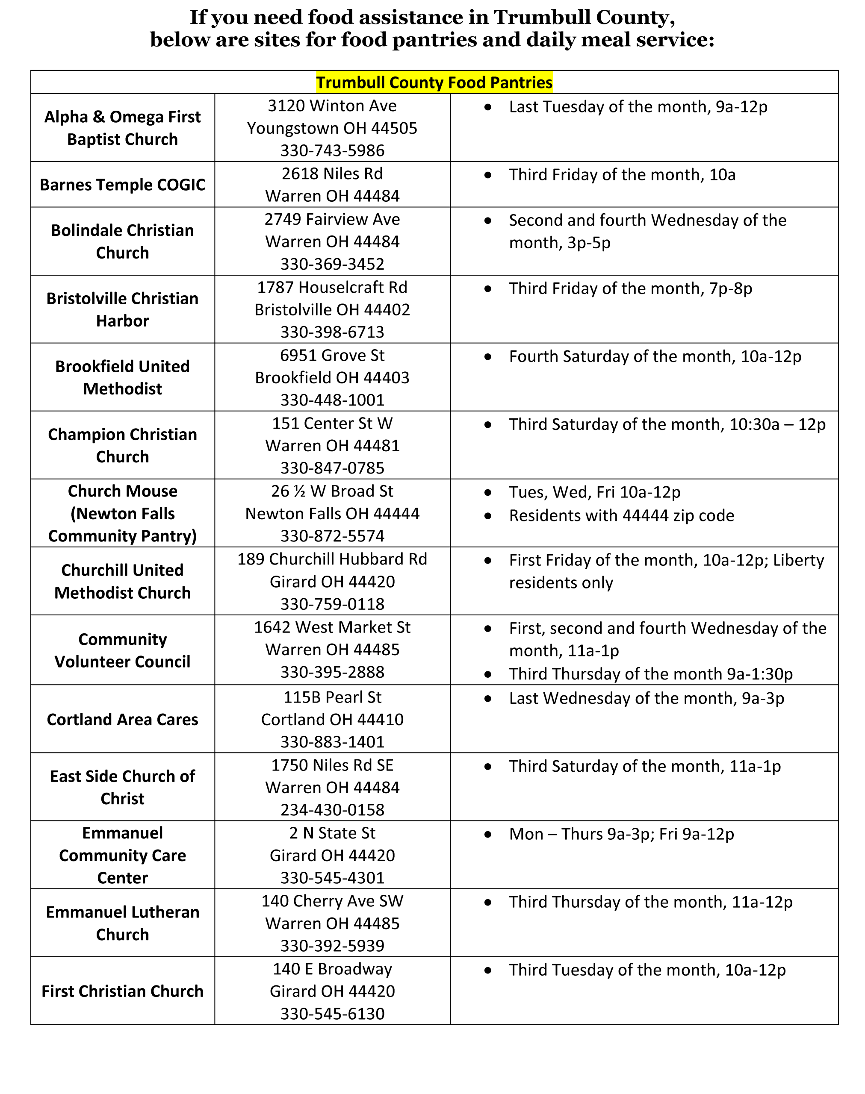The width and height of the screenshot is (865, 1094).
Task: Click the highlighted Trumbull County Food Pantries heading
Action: coord(434,82)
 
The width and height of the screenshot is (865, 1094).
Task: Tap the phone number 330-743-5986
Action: coord(332,151)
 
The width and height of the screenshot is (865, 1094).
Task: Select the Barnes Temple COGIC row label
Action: coord(123,185)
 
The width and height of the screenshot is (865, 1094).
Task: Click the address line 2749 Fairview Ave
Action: coord(332,220)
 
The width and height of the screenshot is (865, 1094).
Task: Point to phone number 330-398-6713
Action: coord(332,332)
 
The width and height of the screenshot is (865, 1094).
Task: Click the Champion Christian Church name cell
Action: coord(123,446)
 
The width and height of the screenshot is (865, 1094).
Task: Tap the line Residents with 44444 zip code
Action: coord(621,516)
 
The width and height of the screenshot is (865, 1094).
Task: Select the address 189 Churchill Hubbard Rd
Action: coord(332,559)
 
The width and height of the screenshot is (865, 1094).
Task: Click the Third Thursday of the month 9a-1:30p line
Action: coord(651,674)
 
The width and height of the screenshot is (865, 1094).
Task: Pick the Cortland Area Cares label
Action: coord(123,720)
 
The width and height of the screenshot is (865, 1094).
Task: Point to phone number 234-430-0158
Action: coord(332,810)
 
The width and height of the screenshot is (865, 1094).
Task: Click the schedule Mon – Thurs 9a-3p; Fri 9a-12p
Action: coord(621,834)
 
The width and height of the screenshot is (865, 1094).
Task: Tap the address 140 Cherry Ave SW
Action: coord(332,901)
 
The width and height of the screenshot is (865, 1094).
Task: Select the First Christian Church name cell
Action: coord(123,991)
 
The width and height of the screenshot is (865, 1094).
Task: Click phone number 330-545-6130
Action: coord(332,1014)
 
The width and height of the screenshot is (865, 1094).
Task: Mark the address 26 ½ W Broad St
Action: coord(332,491)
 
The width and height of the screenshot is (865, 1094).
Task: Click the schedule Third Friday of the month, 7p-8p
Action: coord(631,288)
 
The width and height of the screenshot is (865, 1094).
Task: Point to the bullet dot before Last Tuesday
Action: coord(488,107)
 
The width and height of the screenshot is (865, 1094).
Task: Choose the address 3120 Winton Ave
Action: coord(332,106)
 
